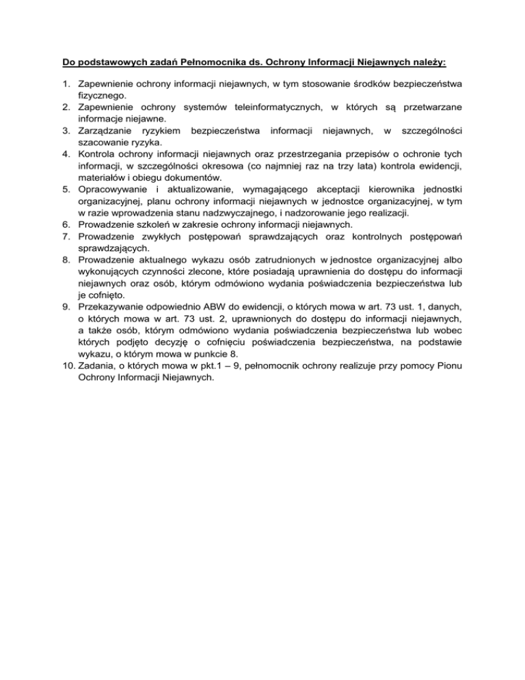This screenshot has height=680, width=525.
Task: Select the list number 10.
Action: click(x=66, y=364)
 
